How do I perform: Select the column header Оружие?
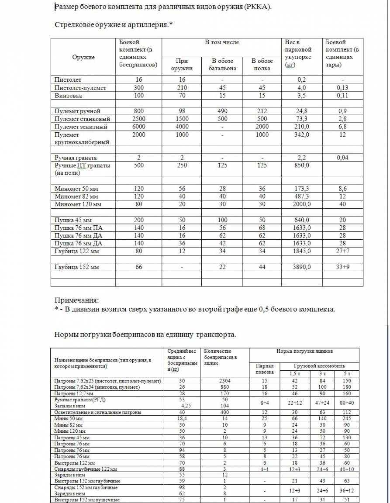83,57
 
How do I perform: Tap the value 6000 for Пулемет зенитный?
138,127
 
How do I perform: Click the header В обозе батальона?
222,65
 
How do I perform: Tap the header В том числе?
222,42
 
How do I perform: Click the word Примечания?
76,300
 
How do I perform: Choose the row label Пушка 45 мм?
72,220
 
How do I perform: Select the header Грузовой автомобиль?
320,365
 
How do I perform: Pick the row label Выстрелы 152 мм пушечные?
87,500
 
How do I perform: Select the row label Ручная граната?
76,158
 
